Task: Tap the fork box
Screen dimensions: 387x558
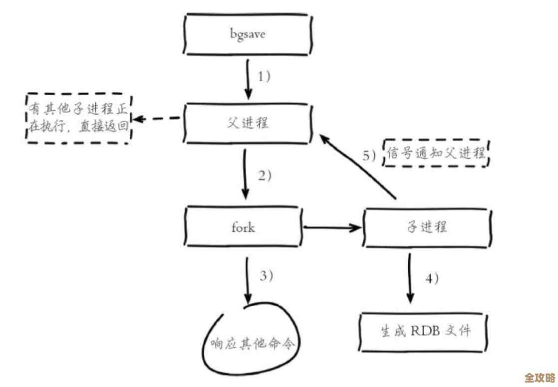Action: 244,227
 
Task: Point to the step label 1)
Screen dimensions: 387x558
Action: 265,76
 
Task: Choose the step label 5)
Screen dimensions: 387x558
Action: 371,156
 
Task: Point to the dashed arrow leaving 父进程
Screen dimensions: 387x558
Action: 157,119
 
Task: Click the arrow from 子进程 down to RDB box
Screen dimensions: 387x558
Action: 410,277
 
